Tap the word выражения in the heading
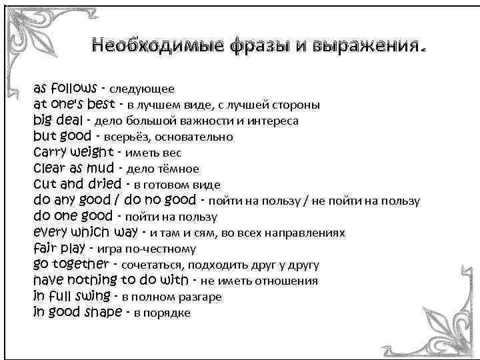pyautogui.click(x=365, y=47)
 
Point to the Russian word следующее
pyautogui.click(x=142, y=89)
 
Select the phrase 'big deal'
pyautogui.click(x=59, y=121)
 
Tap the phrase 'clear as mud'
pyautogui.click(x=73, y=168)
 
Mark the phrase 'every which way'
pyautogui.click(x=85, y=232)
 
